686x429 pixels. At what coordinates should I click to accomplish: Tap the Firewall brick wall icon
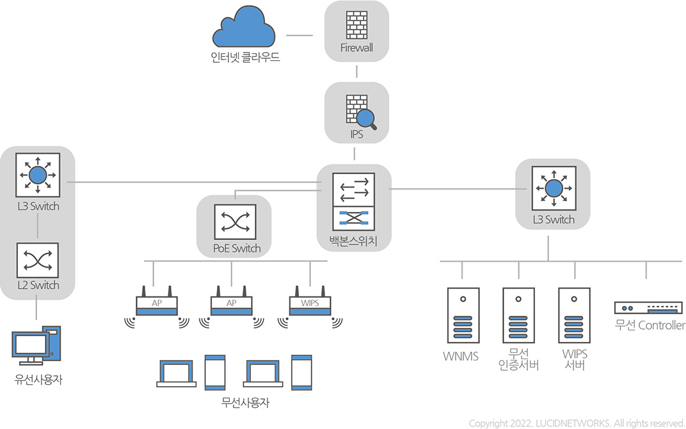click(356, 24)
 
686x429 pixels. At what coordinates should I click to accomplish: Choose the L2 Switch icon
click(38, 260)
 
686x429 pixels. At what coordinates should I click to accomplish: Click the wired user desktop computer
click(36, 346)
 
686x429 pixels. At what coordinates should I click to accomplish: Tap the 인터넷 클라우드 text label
click(245, 57)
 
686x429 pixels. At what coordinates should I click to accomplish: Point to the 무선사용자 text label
click(245, 403)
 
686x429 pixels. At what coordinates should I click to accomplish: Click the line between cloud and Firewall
click(299, 35)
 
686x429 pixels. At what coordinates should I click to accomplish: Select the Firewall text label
click(356, 48)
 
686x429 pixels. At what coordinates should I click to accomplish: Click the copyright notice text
click(577, 423)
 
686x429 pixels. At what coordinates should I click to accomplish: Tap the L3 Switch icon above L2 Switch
click(38, 174)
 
